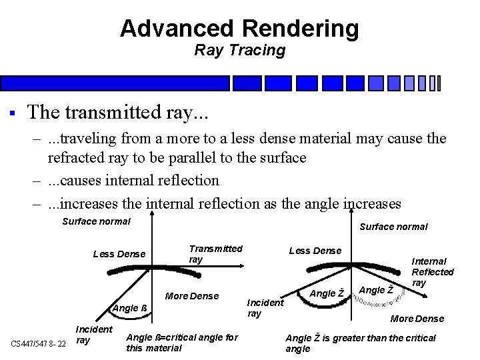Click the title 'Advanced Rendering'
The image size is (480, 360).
point(239,29)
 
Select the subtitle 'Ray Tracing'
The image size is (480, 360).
point(239,50)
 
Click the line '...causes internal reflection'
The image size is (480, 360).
point(133,181)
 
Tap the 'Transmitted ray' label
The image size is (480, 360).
point(215,254)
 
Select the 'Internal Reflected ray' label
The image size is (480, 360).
point(432,272)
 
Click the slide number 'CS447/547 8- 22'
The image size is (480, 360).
point(38,343)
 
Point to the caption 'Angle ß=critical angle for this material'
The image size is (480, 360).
point(181,343)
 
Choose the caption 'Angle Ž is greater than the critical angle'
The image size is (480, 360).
point(360,343)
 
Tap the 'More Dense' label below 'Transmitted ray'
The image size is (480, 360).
point(191,295)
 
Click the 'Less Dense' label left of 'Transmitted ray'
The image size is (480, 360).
point(119,253)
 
